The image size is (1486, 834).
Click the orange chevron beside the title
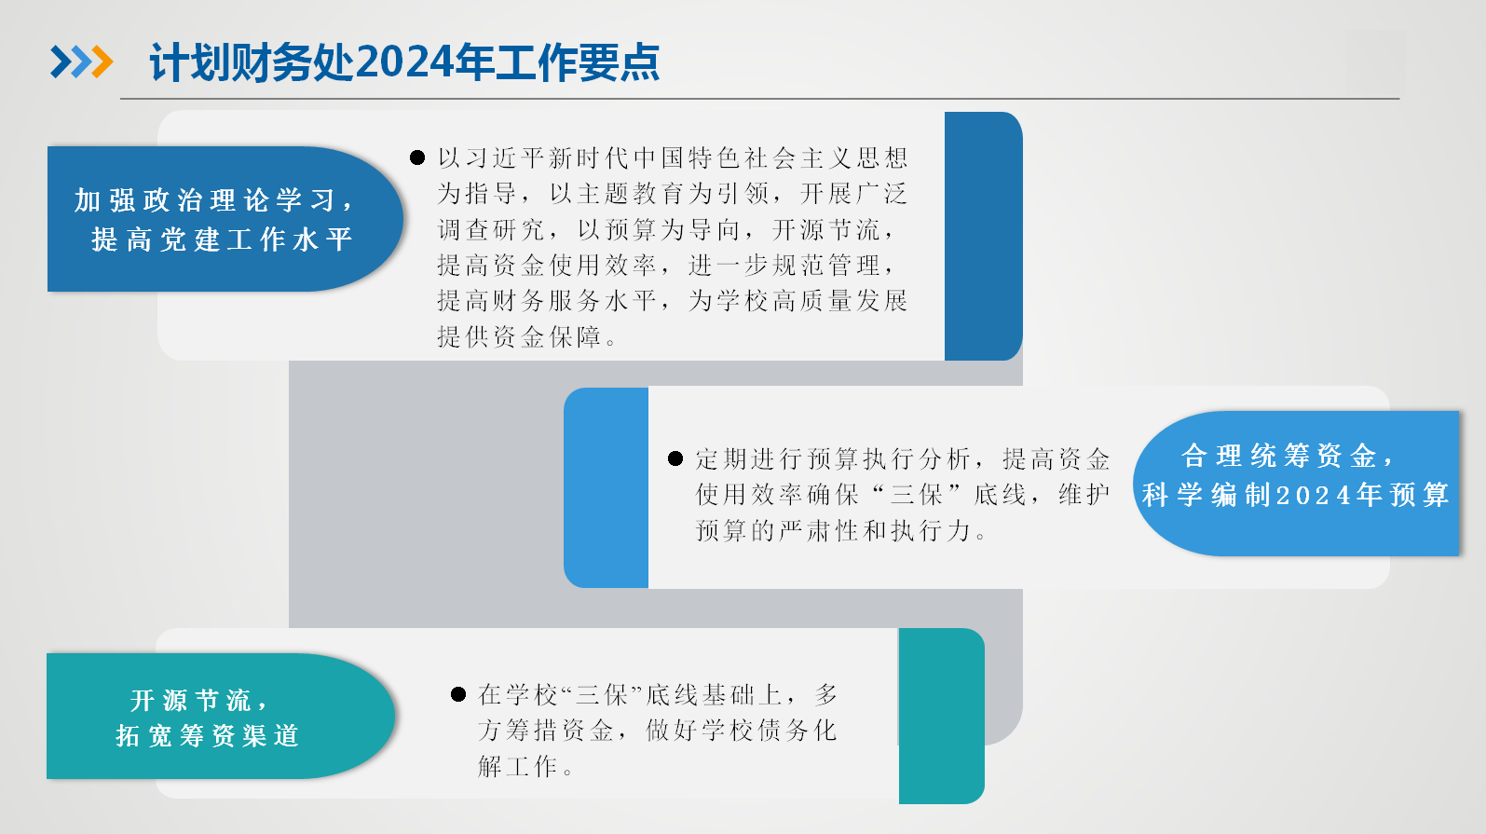(102, 62)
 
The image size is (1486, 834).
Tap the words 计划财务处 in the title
(250, 63)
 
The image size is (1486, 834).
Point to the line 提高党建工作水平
(222, 239)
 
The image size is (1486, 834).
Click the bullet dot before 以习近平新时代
(417, 157)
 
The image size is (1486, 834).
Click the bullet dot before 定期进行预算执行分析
(675, 458)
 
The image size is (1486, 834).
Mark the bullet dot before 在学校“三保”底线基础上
(457, 694)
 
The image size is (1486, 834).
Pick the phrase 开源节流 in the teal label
(190, 700)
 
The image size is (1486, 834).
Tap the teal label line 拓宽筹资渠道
(208, 735)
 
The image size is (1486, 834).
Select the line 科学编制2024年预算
(1295, 495)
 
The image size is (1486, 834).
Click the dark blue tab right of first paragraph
(983, 236)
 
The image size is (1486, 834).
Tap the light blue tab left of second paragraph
(606, 487)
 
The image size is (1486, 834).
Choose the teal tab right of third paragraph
(941, 716)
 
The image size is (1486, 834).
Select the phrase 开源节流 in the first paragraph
(827, 229)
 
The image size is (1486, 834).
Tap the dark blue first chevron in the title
(61, 62)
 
